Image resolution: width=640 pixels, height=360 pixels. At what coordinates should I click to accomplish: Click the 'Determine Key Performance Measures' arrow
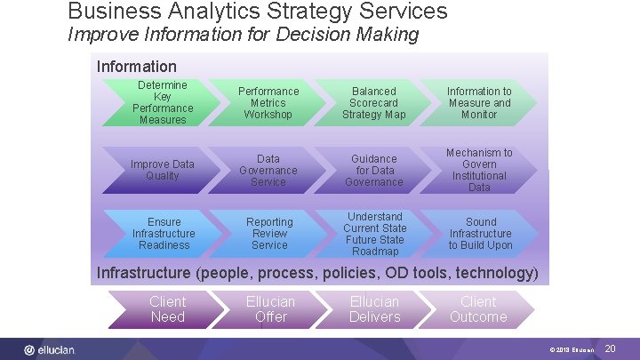point(163,102)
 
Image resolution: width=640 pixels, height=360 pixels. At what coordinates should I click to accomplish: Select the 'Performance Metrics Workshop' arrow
point(268,102)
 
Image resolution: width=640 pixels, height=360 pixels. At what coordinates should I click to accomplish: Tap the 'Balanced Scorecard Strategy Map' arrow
point(373,102)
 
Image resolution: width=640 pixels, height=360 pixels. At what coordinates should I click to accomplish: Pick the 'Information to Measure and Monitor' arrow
point(479,102)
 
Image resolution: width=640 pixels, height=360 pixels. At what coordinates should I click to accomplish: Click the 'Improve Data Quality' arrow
point(163,170)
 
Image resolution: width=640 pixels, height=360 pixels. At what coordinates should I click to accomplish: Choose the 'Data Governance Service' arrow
point(268,170)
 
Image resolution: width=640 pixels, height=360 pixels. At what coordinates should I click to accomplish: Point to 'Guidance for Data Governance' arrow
point(373,170)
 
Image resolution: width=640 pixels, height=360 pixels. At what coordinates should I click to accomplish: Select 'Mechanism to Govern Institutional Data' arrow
point(479,170)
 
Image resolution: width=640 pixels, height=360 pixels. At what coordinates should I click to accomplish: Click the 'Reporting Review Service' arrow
point(269,233)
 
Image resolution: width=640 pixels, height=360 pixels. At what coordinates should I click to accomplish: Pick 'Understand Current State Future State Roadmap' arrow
point(374,233)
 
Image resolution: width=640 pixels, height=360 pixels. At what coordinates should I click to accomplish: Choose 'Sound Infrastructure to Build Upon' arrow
point(480,233)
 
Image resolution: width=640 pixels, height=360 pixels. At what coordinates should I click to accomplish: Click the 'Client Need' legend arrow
point(167,309)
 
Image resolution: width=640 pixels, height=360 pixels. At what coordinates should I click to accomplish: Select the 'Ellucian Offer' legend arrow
point(270,309)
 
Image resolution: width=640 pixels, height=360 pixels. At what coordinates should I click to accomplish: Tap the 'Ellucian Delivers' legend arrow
point(374,309)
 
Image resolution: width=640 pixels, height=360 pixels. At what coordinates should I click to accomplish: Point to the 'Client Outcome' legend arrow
point(478,309)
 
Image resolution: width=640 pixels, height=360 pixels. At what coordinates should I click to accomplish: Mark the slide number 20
point(610,349)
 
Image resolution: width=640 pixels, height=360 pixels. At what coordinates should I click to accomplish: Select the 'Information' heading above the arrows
point(137,66)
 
